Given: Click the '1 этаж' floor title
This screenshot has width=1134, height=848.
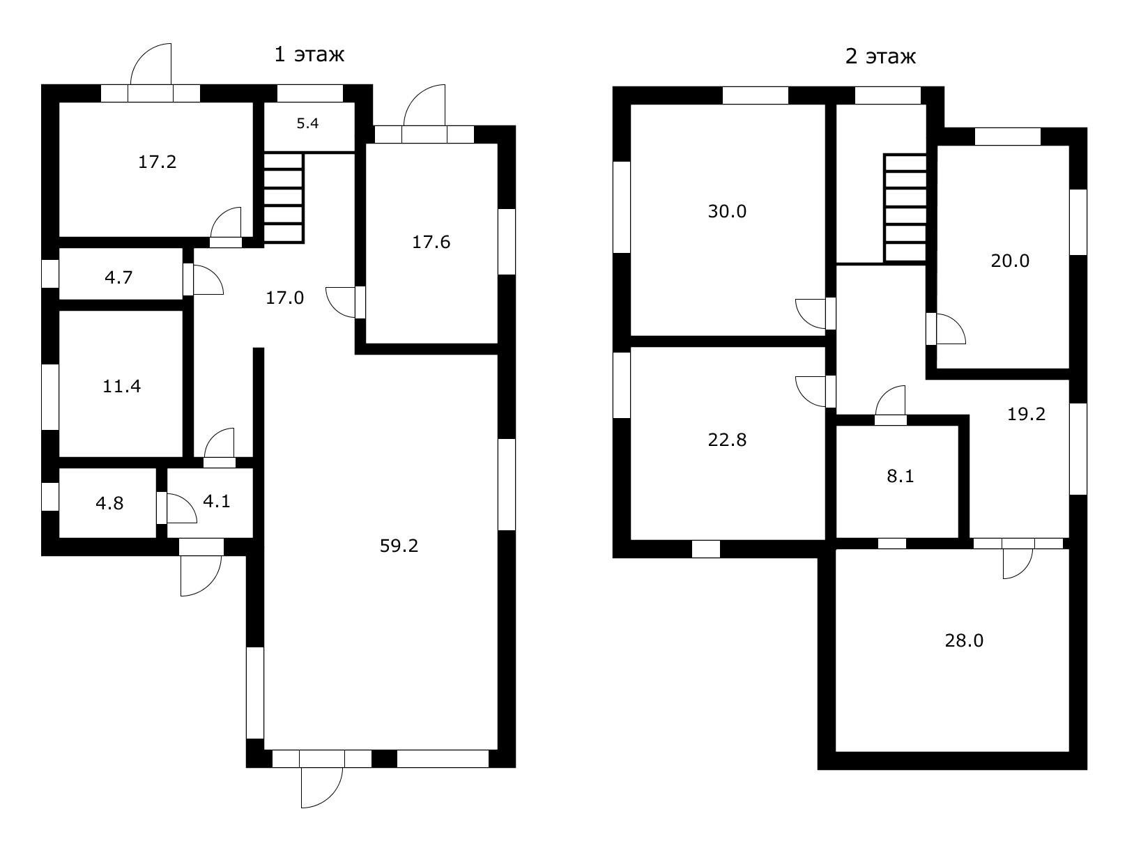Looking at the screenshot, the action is [309, 54].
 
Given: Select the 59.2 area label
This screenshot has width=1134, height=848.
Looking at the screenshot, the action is [399, 546].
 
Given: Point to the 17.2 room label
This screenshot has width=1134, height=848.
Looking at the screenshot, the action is [157, 162].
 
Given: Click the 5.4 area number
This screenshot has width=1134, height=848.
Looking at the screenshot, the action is [307, 123].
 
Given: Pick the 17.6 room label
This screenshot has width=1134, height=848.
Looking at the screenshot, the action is [431, 242].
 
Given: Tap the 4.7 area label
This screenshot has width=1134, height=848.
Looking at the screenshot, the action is [118, 278].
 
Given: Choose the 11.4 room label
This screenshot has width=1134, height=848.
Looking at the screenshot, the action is [121, 386].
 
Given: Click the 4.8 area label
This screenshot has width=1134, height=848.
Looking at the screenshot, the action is [109, 504].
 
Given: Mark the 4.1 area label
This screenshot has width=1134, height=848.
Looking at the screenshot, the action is [217, 502].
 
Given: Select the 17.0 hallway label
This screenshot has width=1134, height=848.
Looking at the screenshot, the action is [284, 298].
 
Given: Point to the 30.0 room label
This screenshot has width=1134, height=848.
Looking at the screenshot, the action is [727, 212].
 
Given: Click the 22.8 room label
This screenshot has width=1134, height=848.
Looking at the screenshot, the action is [727, 440].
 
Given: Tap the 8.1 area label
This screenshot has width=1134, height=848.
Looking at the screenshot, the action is [900, 476].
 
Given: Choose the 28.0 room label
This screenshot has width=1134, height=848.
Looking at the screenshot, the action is [964, 641].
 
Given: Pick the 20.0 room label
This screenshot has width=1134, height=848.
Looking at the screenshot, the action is [1010, 261].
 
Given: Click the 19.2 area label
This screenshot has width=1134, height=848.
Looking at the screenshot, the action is [1026, 414].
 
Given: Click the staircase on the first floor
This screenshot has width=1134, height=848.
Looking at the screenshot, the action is [284, 198].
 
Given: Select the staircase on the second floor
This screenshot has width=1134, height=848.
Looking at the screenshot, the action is [905, 208].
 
